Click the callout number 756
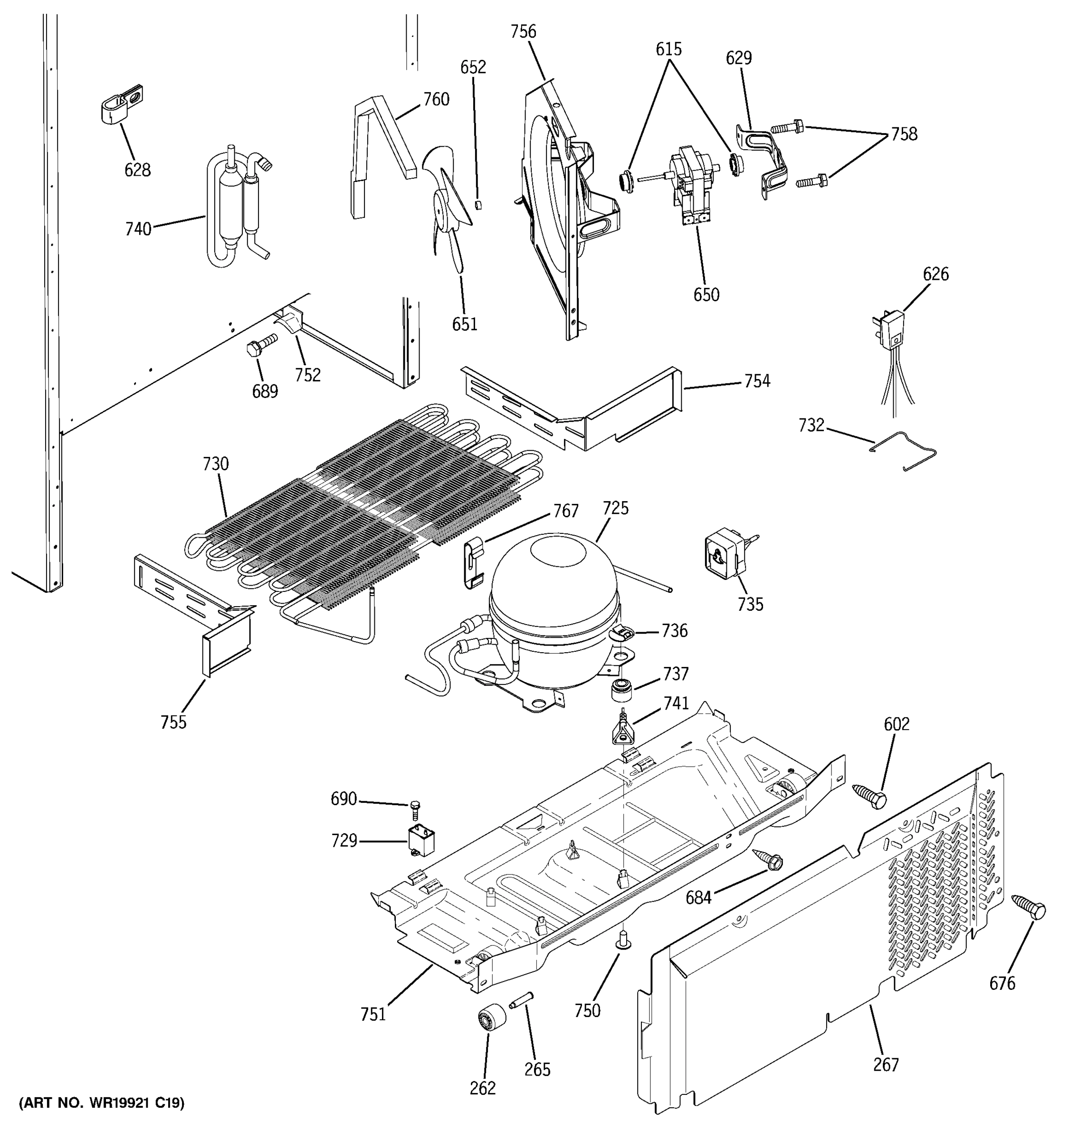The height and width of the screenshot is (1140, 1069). [523, 31]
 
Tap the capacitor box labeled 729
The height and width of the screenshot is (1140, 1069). [420, 841]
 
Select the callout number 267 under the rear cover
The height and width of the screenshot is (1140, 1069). [886, 1064]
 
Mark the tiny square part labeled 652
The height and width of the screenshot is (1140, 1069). [479, 204]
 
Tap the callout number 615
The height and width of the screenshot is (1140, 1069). [668, 49]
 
